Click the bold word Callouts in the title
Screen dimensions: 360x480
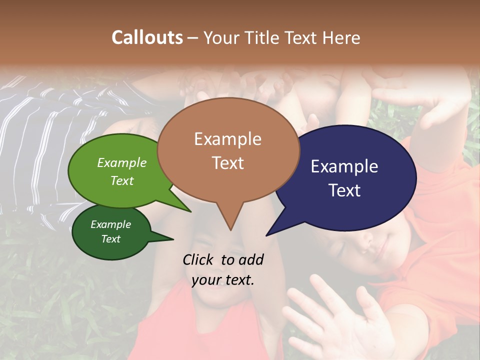coord(147,37)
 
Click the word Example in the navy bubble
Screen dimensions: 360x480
coord(344,166)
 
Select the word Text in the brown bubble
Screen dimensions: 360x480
coord(228,163)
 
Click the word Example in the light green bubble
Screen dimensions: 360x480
coord(122,162)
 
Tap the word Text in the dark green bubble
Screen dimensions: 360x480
coord(111,239)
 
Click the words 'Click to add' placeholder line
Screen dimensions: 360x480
coord(223,259)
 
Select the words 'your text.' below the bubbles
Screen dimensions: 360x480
coord(223,280)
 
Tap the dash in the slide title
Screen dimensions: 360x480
coord(193,37)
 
